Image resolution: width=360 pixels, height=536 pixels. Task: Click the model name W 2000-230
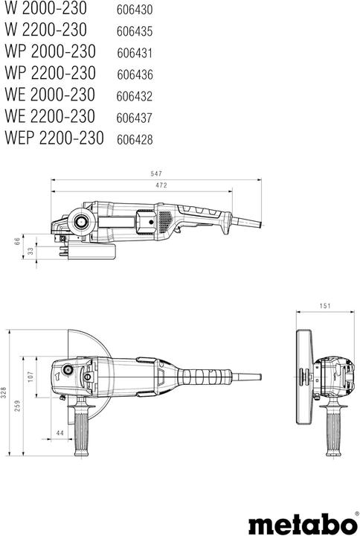[x=45, y=9]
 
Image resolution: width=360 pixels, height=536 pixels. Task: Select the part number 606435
[x=135, y=32]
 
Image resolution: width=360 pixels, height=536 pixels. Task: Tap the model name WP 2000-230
[x=51, y=52]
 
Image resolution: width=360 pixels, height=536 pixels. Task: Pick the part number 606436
[x=135, y=74]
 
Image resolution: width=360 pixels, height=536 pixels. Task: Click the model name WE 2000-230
[x=50, y=95]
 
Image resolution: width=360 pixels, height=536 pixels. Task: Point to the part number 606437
[x=135, y=118]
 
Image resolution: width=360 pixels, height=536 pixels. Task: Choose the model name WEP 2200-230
[x=56, y=138]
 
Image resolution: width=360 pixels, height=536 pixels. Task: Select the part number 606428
[x=135, y=139]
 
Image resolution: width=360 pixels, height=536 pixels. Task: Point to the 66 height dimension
[x=17, y=241]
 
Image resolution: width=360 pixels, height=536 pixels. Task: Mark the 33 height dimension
[x=30, y=251]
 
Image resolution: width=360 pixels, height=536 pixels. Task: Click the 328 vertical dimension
[x=5, y=392]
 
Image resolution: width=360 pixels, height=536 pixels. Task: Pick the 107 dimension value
[x=30, y=377]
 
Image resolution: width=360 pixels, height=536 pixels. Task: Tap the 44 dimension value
[x=59, y=433]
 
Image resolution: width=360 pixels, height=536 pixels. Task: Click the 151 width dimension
[x=324, y=305]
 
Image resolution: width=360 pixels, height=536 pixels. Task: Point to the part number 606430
[x=135, y=10]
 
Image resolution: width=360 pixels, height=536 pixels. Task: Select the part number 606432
[x=135, y=96]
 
